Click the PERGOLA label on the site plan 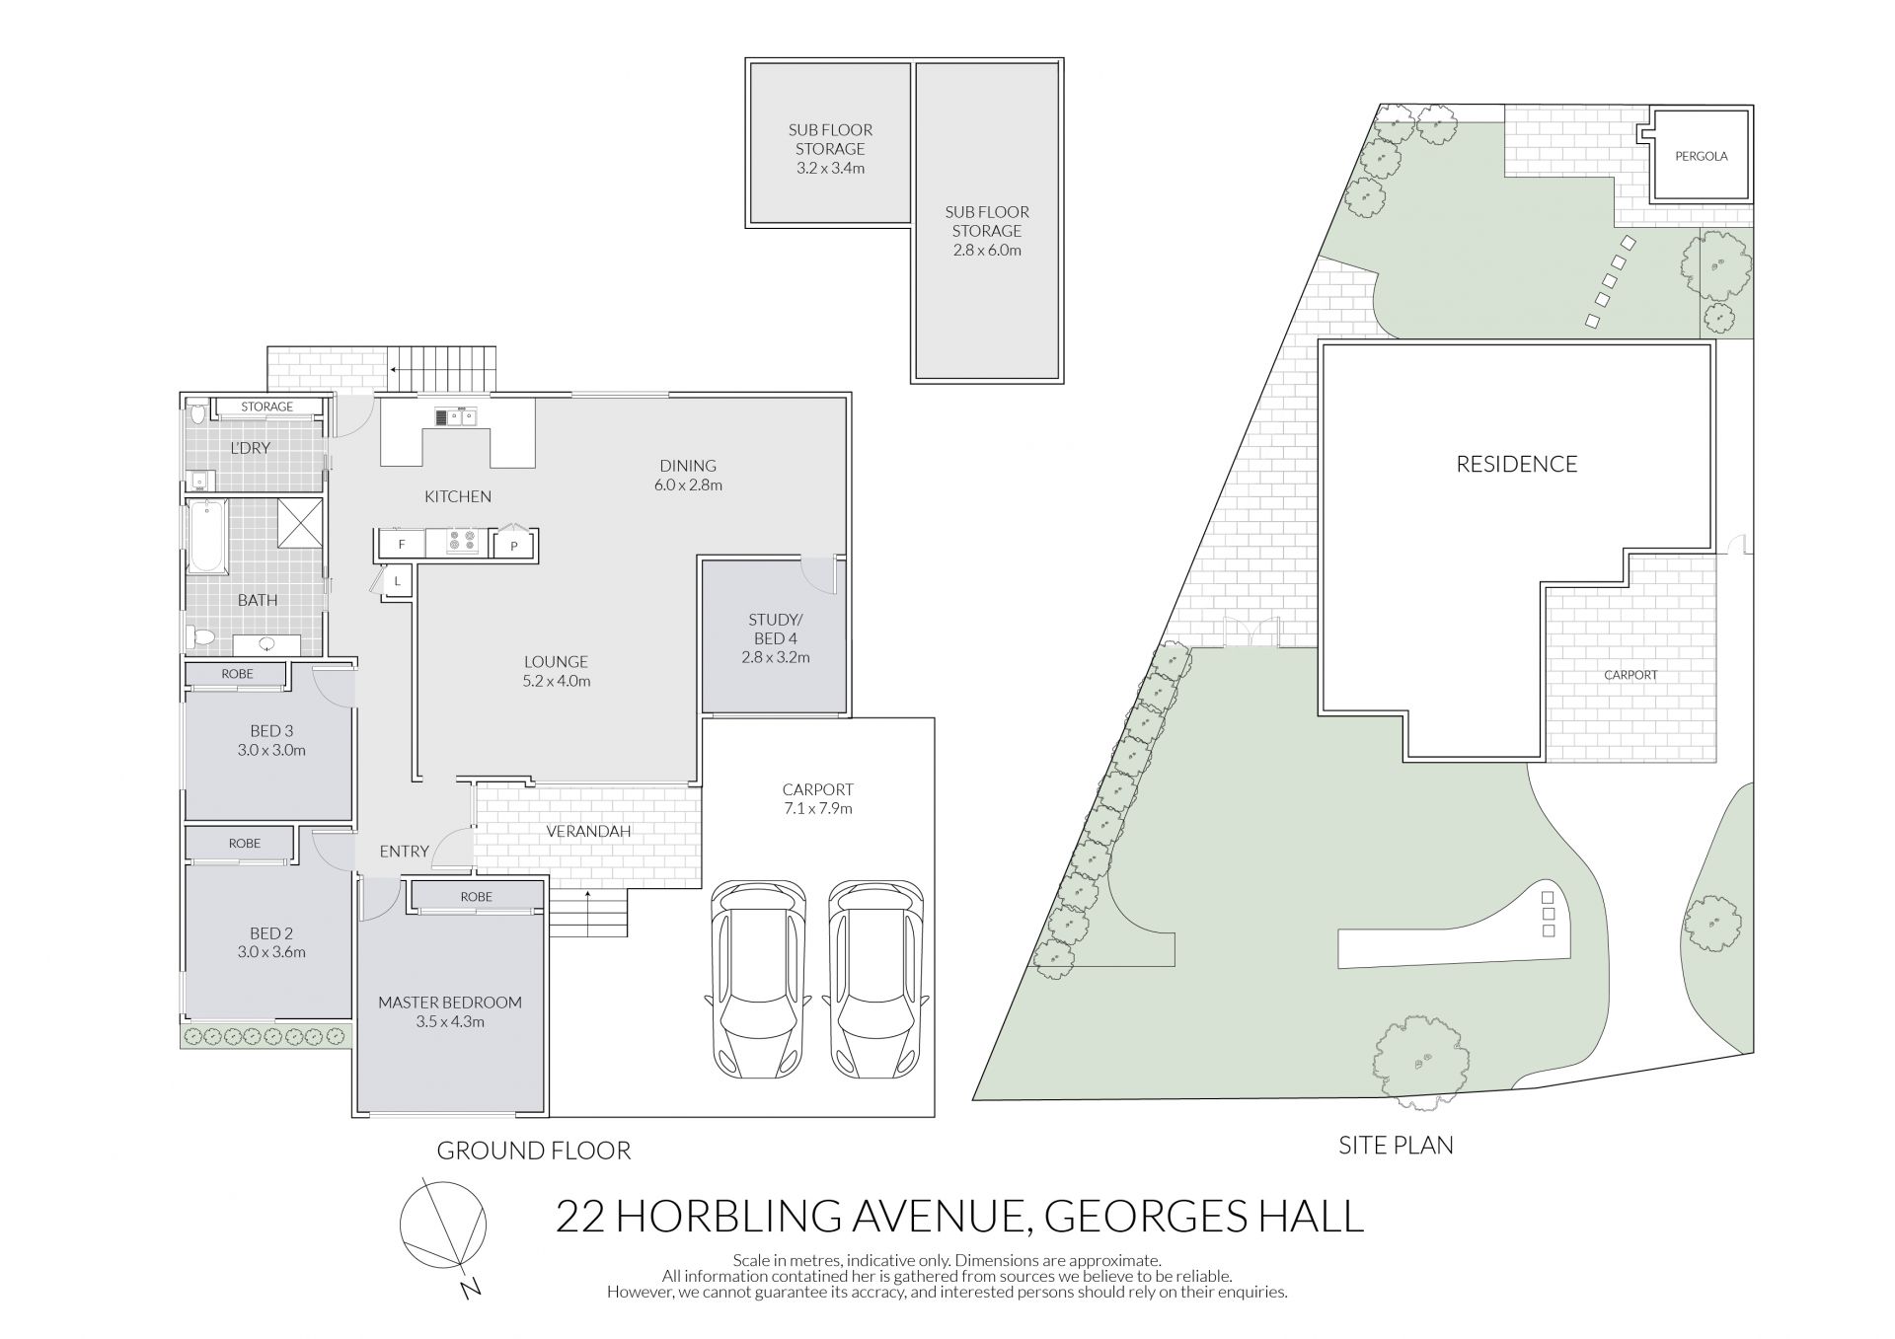[1701, 156]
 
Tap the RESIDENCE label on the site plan [1517, 464]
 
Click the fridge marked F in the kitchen [401, 544]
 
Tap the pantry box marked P [513, 545]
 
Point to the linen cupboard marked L [397, 581]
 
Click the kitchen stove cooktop [462, 543]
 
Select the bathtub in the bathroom [207, 536]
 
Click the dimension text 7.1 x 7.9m [817, 809]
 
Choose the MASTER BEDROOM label [450, 1003]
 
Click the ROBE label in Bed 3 [237, 674]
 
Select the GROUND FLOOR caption [533, 1151]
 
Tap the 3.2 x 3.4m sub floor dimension [830, 169]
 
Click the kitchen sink [455, 416]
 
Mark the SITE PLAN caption [1396, 1146]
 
